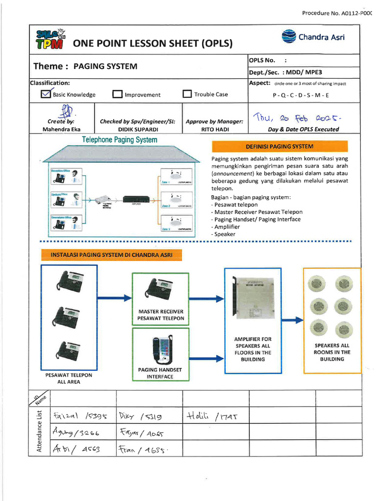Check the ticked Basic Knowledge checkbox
46,94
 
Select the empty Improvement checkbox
117,94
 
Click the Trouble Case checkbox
187,94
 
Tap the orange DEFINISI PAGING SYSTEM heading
280,146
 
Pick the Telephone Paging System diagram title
119,140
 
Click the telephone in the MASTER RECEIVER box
159,289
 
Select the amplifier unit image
254,298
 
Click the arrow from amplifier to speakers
293,320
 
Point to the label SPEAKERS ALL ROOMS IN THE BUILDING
332,352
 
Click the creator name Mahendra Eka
62,130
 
